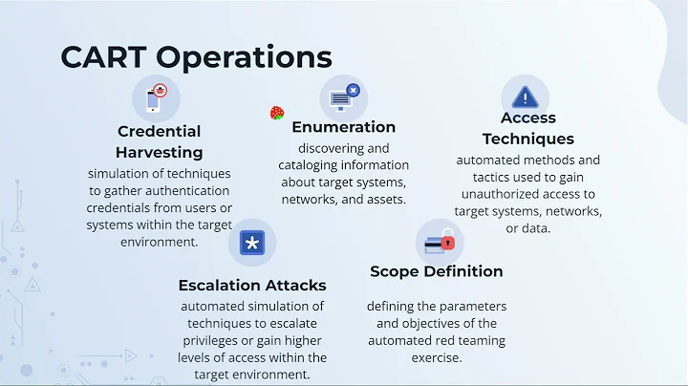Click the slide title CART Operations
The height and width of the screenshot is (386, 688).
pos(196,57)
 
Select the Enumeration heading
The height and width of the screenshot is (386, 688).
pos(343,126)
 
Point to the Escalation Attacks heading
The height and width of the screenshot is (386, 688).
pos(252,285)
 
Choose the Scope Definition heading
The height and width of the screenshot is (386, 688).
pos(436,271)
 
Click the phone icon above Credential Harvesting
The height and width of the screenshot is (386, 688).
pos(158,97)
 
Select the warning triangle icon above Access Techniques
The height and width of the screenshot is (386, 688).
pos(525,96)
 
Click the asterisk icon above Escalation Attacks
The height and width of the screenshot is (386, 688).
pos(251,243)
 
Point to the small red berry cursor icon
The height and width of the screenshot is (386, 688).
pos(277,114)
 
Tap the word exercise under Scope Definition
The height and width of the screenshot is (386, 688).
pos(436,357)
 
